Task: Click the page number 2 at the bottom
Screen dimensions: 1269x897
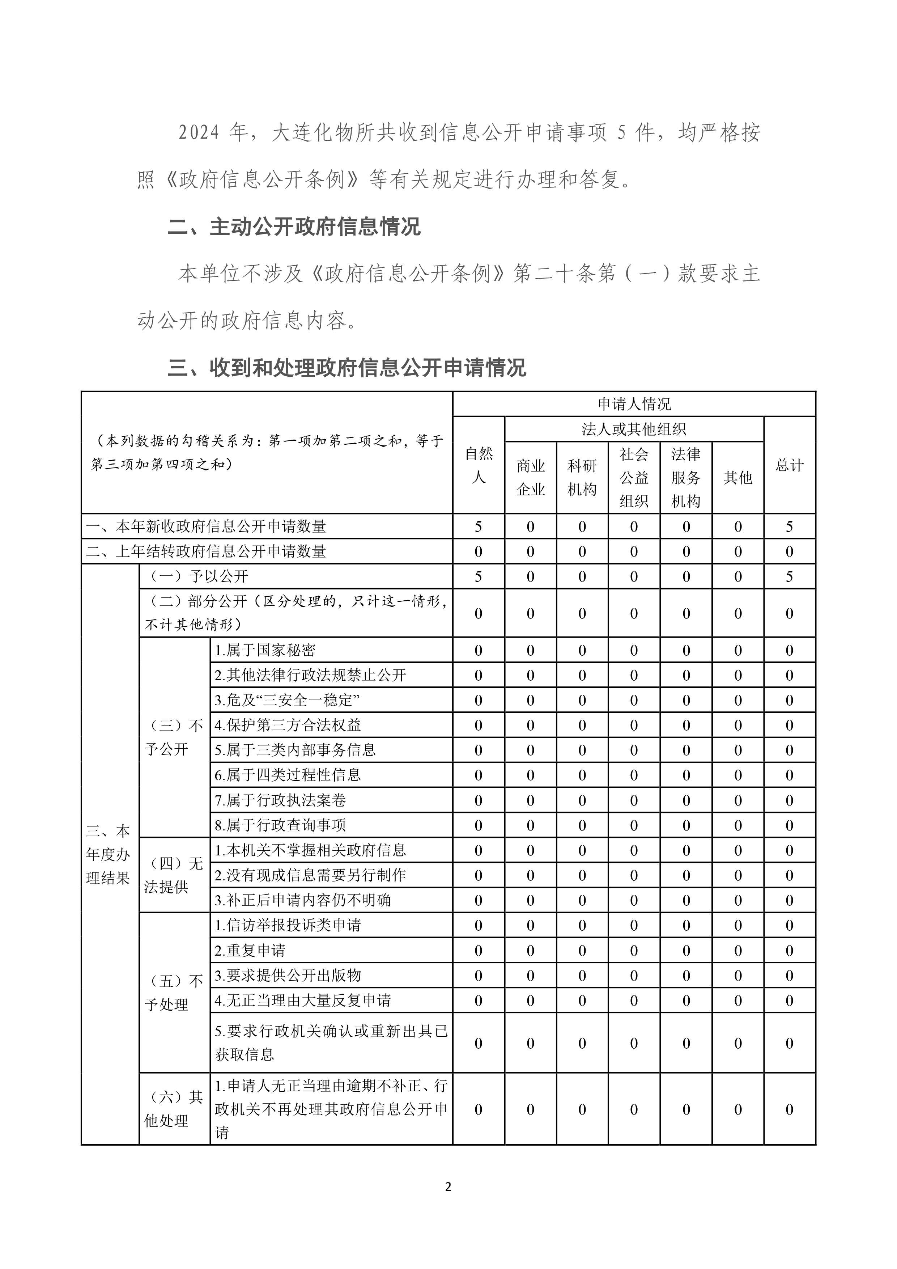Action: click(x=448, y=1186)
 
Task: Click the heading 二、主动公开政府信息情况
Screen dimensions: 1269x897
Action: click(x=294, y=227)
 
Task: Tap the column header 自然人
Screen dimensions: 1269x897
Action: click(x=478, y=465)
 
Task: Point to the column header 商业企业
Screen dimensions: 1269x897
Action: click(x=530, y=478)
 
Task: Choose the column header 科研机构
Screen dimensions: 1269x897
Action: click(x=582, y=478)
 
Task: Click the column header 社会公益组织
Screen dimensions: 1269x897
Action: click(x=634, y=478)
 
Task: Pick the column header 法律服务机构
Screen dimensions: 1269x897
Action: click(x=686, y=478)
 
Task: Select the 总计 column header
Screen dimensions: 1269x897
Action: click(x=789, y=465)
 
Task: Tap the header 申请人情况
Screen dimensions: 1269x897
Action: click(x=634, y=404)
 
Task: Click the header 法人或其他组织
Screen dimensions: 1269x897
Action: click(x=634, y=429)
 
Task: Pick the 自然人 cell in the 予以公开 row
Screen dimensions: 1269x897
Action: click(x=478, y=576)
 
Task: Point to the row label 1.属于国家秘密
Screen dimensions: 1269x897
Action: click(x=265, y=650)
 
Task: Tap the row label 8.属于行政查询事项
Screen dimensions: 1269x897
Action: click(x=281, y=825)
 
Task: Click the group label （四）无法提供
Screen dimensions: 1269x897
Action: click(x=174, y=875)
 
